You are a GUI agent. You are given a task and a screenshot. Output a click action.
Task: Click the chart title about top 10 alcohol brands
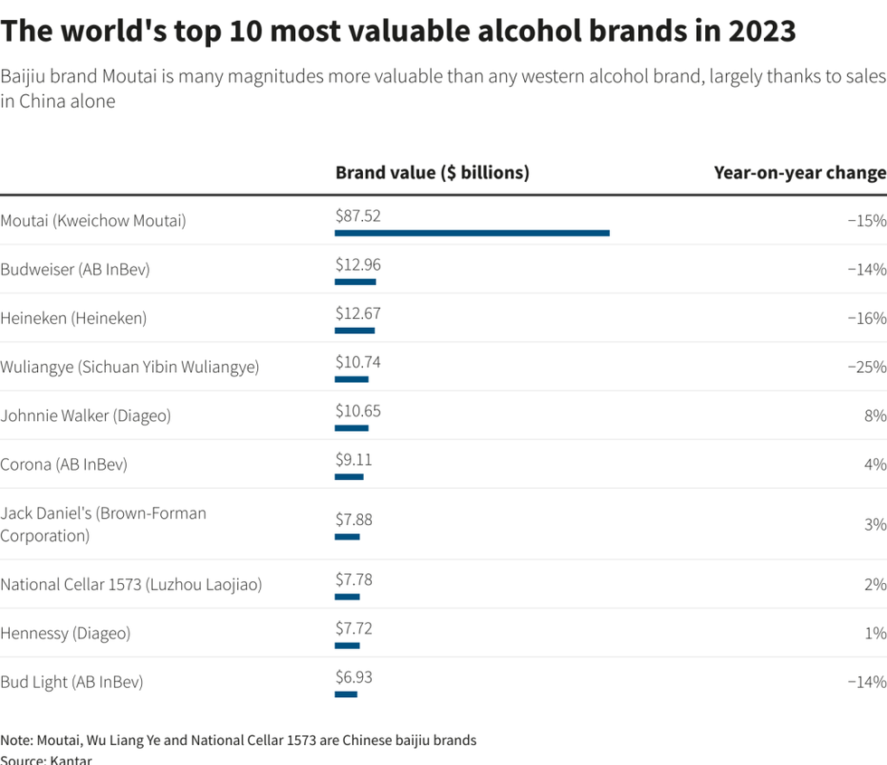coord(398,32)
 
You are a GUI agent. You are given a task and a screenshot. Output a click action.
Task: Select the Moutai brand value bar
coord(472,233)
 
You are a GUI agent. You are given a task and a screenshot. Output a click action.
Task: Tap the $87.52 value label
coord(358,215)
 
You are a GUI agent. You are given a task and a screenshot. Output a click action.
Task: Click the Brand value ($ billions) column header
coord(432,172)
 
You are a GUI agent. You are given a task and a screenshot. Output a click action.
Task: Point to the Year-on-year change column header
coord(799,172)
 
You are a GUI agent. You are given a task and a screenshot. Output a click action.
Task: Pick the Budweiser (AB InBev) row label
coord(75,269)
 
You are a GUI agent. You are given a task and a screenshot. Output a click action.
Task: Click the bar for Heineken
coord(354,330)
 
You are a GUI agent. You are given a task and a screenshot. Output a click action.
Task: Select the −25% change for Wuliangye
coord(866,367)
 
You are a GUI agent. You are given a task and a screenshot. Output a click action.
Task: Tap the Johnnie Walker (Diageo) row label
coord(85,416)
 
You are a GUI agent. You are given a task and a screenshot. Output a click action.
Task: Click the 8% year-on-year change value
coord(875,416)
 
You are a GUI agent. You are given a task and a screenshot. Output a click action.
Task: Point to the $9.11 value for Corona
coord(353,460)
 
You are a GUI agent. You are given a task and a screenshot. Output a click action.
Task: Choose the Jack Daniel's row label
coord(103,524)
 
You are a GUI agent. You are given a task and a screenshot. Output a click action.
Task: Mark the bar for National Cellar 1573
coord(347,597)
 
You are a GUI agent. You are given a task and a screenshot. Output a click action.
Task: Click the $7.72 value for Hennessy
coord(353,628)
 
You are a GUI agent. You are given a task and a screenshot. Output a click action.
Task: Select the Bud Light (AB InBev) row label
coord(72,682)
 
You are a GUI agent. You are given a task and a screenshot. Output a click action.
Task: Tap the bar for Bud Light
coord(346,694)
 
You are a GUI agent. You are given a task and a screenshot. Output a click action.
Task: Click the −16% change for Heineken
coord(866,318)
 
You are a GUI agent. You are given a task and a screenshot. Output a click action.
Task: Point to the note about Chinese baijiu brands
coord(238,740)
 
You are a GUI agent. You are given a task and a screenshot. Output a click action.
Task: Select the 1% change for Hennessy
coord(875,633)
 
